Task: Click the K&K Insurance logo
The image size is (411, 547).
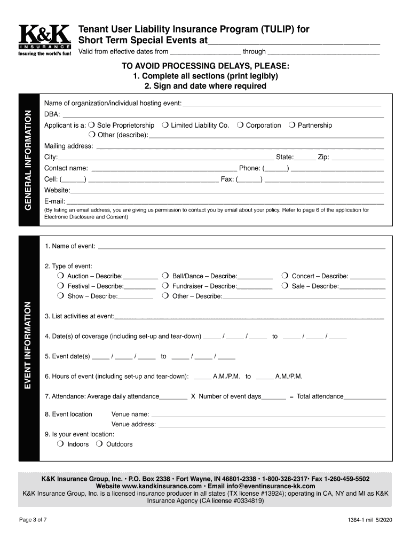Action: pyautogui.click(x=44, y=40)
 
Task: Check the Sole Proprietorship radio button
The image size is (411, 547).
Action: pyautogui.click(x=92, y=125)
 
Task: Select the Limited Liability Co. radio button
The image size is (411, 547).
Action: pyautogui.click(x=166, y=125)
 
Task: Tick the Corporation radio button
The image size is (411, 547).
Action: pyautogui.click(x=241, y=125)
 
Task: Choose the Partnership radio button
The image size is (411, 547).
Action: pyautogui.click(x=293, y=125)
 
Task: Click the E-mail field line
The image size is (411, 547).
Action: pyautogui.click(x=224, y=202)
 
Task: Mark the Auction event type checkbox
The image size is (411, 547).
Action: pyautogui.click(x=60, y=276)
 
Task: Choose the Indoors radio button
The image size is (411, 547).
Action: pyautogui.click(x=60, y=444)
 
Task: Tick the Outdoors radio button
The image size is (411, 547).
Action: pyautogui.click(x=99, y=444)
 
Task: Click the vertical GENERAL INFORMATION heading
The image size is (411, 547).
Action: pyautogui.click(x=29, y=159)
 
